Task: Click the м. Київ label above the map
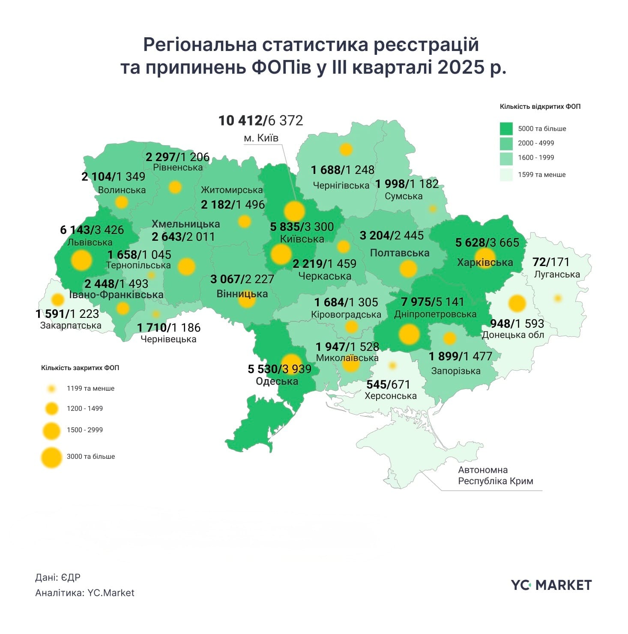pos(261,138)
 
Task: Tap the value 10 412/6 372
pos(260,121)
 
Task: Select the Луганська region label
pos(556,274)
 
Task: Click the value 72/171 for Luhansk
pos(551,262)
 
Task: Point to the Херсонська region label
pos(390,396)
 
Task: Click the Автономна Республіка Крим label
pos(495,475)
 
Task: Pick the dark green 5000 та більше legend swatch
pos(506,129)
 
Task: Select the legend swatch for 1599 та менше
pos(506,175)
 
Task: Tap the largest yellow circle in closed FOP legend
pos(52,457)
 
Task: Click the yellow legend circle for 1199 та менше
pos(52,389)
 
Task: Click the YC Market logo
pos(551,585)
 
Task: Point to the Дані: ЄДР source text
pos(58,577)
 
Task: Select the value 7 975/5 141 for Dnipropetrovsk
pos(432,302)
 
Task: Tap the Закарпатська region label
pos(71,326)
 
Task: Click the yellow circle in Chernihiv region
pos(346,150)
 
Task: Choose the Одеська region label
pos(277,381)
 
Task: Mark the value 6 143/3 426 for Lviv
pos(92,230)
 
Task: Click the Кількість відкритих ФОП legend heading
pos(540,107)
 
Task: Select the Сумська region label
pos(403,196)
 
